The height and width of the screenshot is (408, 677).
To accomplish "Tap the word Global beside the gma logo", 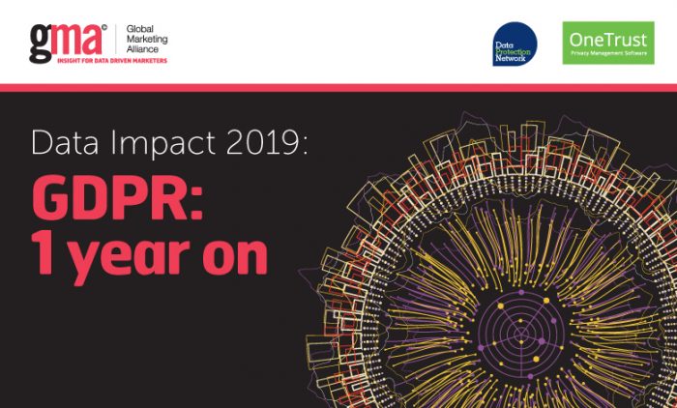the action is [140, 29].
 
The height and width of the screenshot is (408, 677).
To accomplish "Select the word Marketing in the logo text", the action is [147, 40].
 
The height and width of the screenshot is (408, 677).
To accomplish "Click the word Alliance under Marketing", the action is [142, 49].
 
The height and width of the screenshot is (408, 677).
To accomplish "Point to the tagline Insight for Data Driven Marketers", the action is [112, 61].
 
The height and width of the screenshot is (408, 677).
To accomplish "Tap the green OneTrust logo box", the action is [608, 43].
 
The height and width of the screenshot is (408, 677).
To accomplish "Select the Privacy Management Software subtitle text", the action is [608, 53].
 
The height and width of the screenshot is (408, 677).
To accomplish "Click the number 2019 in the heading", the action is [262, 142].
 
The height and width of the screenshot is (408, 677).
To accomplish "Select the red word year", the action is [129, 259].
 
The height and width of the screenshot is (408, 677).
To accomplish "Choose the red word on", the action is [235, 257].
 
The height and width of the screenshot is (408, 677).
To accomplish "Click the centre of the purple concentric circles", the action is [521, 334].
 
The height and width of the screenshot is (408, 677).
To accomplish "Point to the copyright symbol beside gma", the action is [104, 28].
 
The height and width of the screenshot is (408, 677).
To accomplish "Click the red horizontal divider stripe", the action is [338, 88].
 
